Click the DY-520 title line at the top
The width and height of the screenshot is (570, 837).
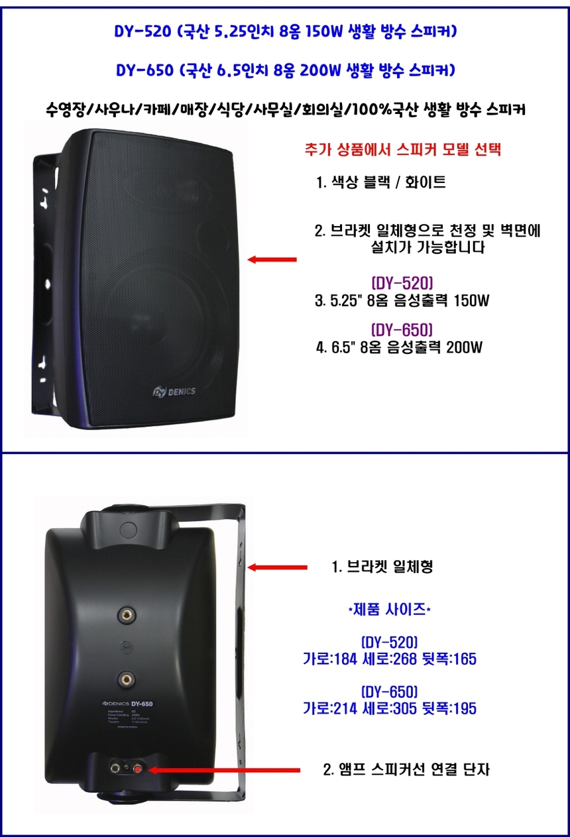(x=285, y=31)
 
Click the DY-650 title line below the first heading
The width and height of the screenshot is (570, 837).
(x=285, y=70)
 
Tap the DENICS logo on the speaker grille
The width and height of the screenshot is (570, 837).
(x=174, y=391)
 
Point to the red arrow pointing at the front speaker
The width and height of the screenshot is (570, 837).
(x=272, y=260)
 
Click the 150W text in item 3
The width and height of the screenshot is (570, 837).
(x=470, y=302)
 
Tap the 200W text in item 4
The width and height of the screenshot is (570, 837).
(x=463, y=347)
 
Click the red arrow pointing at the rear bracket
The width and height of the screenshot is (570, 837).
(x=277, y=567)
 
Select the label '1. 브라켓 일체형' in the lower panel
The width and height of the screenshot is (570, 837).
(x=382, y=567)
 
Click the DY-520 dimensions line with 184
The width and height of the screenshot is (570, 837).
(x=389, y=659)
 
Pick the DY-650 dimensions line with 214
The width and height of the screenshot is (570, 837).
(x=389, y=708)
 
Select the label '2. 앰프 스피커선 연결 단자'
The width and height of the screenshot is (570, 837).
(x=406, y=770)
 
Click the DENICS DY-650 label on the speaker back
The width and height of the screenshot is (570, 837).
(x=129, y=703)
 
